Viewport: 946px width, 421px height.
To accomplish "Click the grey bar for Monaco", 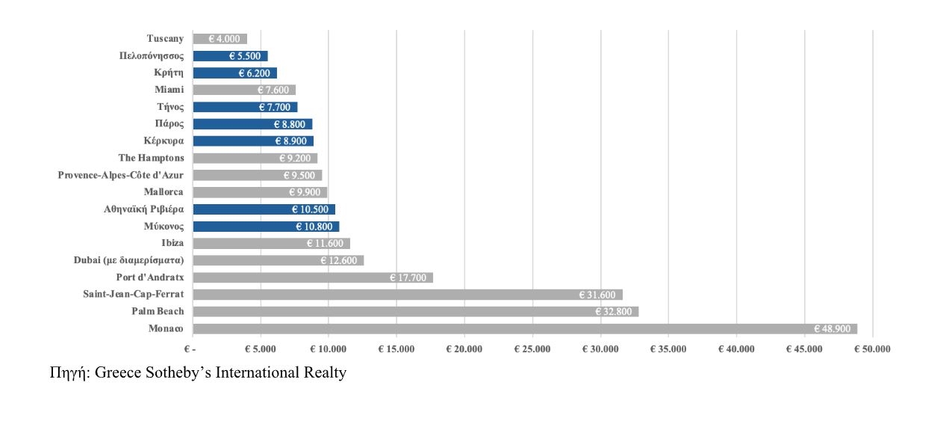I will coord(523,329).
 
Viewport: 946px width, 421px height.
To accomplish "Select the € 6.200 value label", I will coord(254,73).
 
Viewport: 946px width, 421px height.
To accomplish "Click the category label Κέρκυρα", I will coord(164,141).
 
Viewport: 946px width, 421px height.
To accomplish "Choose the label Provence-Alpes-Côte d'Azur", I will coord(121,175).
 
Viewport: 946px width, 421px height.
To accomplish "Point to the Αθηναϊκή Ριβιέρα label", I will coord(143,209).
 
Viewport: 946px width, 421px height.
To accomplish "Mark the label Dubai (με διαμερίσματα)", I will coord(128,260).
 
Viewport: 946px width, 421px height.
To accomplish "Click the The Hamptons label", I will coord(151,158).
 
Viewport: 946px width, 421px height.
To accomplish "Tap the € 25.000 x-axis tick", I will coord(532,349).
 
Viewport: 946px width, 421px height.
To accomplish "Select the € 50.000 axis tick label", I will coord(872,349).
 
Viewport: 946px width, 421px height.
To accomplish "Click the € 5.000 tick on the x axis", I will coord(261,349).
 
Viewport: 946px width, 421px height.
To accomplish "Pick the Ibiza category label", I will coord(172,243).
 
